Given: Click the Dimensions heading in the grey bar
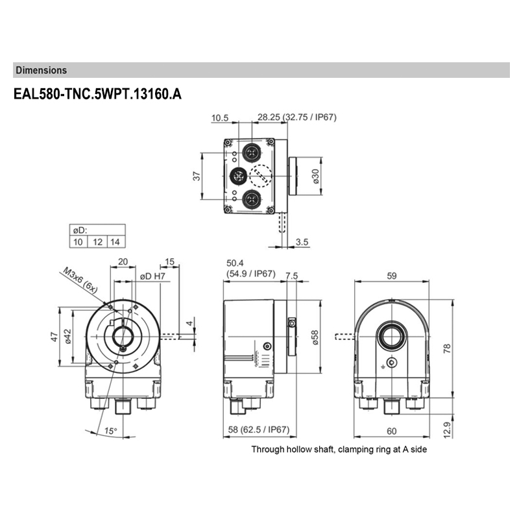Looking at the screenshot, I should click(x=41, y=69).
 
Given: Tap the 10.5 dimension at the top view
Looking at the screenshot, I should click(x=221, y=117).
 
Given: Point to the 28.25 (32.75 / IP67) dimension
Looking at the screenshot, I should click(x=297, y=117).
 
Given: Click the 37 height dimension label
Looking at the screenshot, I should click(x=197, y=176).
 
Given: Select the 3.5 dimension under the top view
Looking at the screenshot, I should click(x=301, y=242).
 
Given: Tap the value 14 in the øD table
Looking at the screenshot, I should click(x=116, y=242).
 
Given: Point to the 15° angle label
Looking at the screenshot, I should click(x=111, y=431).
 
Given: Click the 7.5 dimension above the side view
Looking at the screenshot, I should click(x=291, y=274).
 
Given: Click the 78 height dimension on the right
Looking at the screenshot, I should click(x=447, y=348).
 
